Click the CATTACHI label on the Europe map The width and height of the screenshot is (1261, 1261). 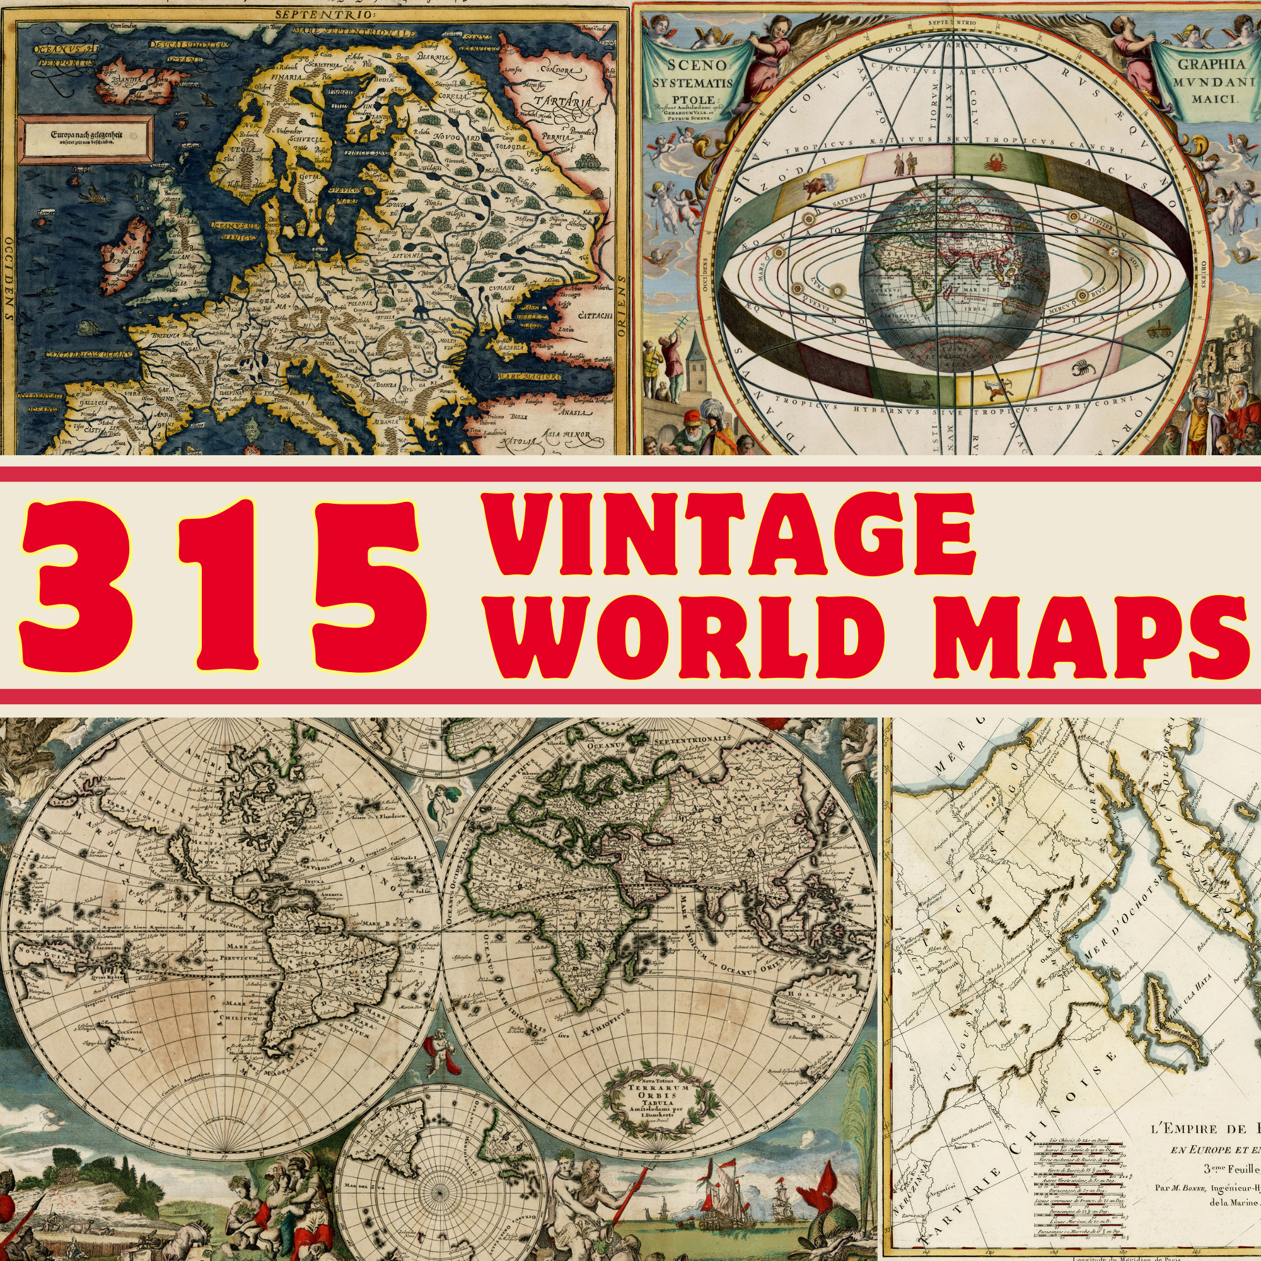[593, 316]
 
